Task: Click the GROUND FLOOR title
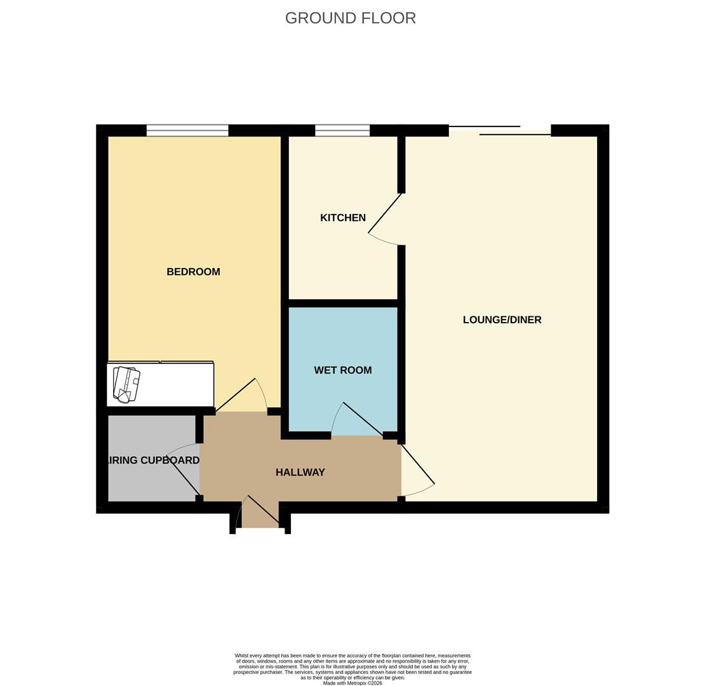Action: pyautogui.click(x=350, y=18)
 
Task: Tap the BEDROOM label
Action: pyautogui.click(x=193, y=272)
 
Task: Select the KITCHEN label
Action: pyautogui.click(x=342, y=218)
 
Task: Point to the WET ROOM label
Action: pyautogui.click(x=342, y=370)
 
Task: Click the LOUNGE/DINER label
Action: pyautogui.click(x=502, y=319)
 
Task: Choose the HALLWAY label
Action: pyautogui.click(x=300, y=473)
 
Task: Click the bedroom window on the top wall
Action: pyautogui.click(x=187, y=130)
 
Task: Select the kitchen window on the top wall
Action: pyautogui.click(x=342, y=130)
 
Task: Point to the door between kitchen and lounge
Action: pyautogui.click(x=386, y=219)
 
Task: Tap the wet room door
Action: pyautogui.click(x=358, y=419)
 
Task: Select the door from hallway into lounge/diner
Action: pyautogui.click(x=417, y=467)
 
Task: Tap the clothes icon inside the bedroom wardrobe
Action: pyautogui.click(x=126, y=384)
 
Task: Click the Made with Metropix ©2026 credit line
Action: pyautogui.click(x=352, y=683)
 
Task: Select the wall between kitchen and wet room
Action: pyautogui.click(x=343, y=303)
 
